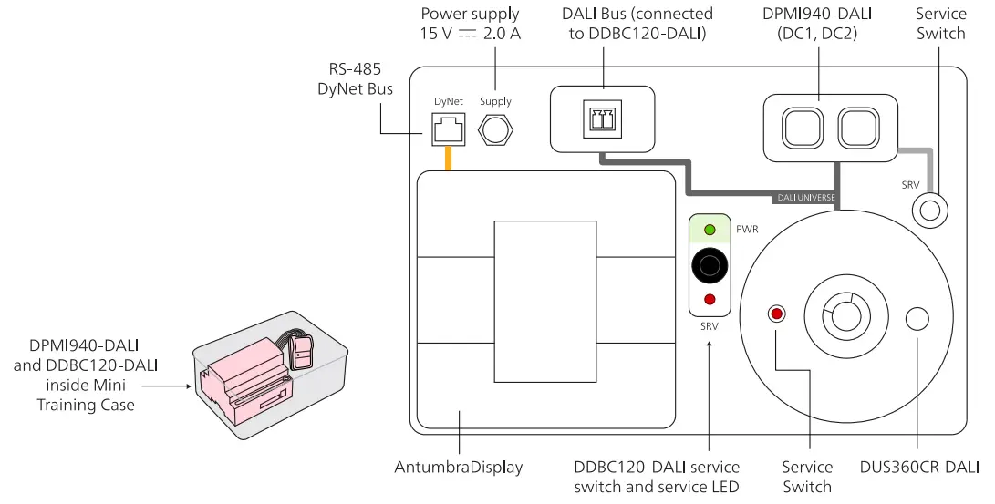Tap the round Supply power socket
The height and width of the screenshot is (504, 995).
(495, 129)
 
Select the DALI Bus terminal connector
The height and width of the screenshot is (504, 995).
(603, 119)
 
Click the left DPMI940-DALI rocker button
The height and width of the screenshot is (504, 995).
(801, 126)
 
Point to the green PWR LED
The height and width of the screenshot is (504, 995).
(709, 229)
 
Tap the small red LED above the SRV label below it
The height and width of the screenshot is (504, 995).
(709, 300)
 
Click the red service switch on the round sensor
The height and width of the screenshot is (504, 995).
(777, 314)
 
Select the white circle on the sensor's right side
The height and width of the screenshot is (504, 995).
(916, 318)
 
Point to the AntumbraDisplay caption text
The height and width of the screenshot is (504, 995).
(458, 468)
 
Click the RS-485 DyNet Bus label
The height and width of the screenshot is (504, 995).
(355, 79)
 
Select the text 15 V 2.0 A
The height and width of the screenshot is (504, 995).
(470, 33)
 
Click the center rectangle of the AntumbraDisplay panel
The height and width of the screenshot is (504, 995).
(544, 301)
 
